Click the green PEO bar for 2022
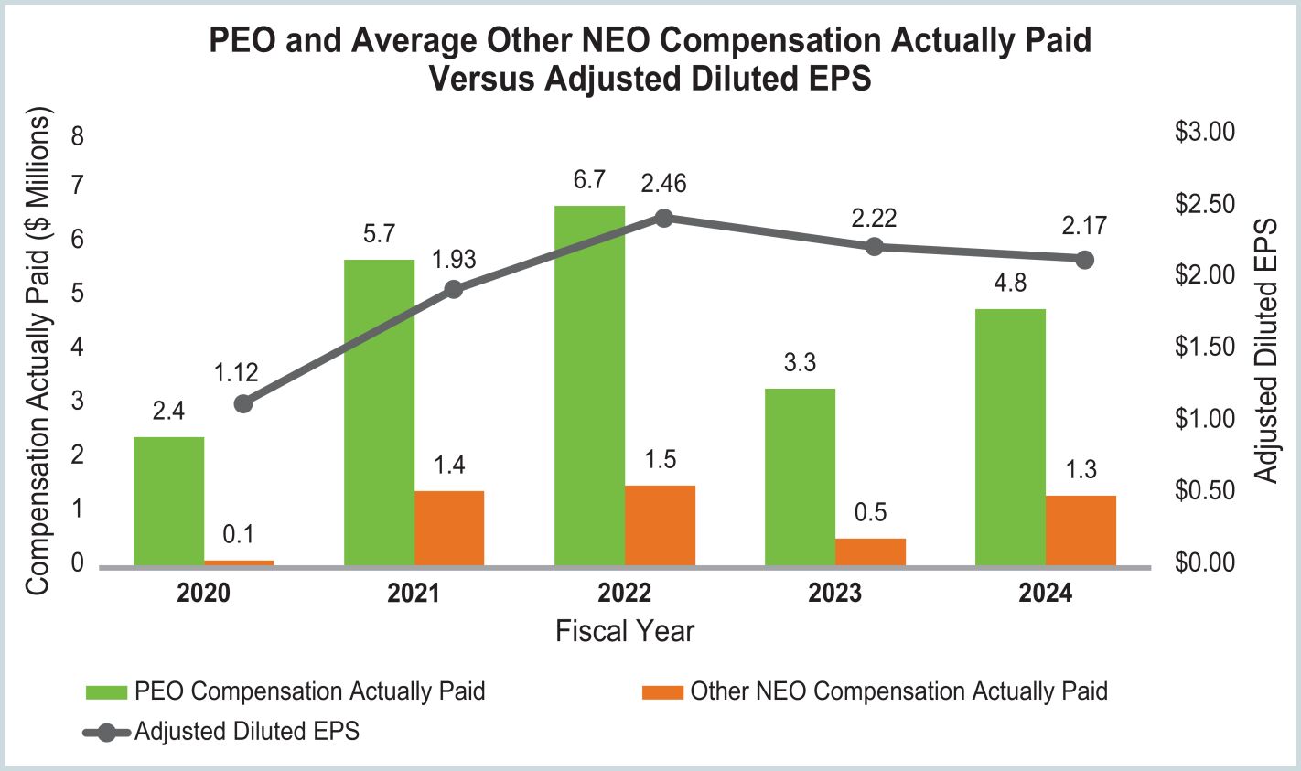[x=589, y=384]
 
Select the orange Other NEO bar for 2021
[x=449, y=528]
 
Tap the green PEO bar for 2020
[x=169, y=501]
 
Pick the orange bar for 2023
[x=870, y=551]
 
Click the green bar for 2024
[x=1010, y=437]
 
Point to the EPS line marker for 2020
[x=243, y=403]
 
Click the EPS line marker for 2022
[x=664, y=218]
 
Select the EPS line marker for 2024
[x=1085, y=260]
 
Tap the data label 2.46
[x=663, y=184]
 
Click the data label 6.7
[x=589, y=180]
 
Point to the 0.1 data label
[x=239, y=534]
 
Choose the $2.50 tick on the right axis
[x=1204, y=204]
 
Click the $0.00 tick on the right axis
[x=1204, y=562]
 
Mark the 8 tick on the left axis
[x=77, y=137]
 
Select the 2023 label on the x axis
[x=834, y=594]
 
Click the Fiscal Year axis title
[x=625, y=631]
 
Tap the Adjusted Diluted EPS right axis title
[x=1266, y=350]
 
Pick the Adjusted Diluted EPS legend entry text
[x=247, y=731]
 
